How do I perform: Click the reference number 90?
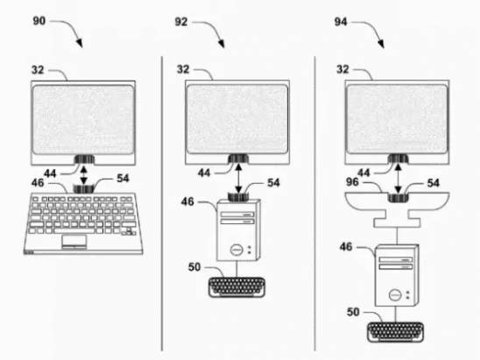point(39,21)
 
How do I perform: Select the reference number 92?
point(181,22)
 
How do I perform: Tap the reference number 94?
point(341,22)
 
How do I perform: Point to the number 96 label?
point(352,182)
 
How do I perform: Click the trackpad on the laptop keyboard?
point(74,241)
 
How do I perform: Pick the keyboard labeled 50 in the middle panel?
point(236,287)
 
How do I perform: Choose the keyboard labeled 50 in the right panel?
point(396,332)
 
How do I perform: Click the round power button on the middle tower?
point(236,250)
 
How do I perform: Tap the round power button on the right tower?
point(395,295)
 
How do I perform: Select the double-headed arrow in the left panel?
point(83,175)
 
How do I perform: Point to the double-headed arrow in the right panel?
point(398,179)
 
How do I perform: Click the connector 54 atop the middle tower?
point(238,197)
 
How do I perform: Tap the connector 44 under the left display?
point(84,159)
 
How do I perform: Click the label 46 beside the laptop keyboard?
point(38,183)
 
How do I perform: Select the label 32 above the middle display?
point(183,69)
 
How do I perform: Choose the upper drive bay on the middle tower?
point(237,215)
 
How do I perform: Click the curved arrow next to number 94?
point(369,32)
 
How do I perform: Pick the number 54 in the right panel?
point(434,183)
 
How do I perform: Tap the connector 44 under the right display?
point(398,159)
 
